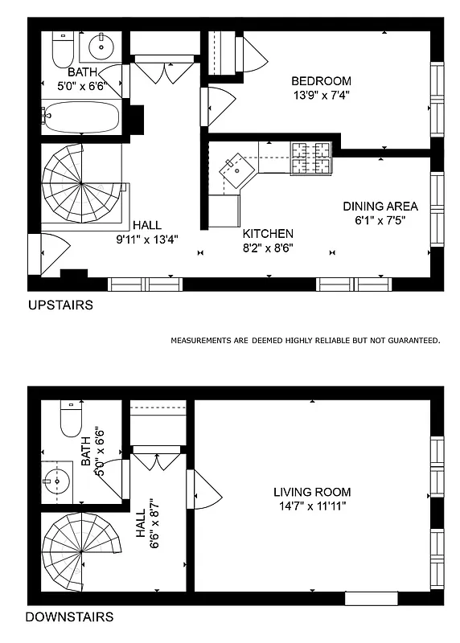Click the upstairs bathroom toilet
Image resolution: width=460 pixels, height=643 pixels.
[x=62, y=50]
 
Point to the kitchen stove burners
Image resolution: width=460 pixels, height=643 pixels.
[x=311, y=158]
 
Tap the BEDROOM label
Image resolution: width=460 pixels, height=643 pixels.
[x=321, y=80]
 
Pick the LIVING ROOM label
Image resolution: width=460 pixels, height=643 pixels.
[x=312, y=492]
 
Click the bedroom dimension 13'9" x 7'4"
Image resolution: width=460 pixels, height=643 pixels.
[x=321, y=94]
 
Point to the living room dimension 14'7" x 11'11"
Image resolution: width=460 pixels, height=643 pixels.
[x=312, y=506]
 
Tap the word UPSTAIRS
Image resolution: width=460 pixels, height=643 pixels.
[x=60, y=305]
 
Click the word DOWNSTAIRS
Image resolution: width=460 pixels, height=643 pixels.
[x=69, y=617]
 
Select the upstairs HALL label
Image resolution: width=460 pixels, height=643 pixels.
[x=147, y=225]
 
